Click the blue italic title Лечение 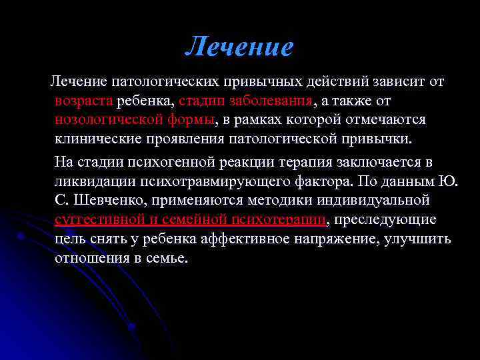[239, 47]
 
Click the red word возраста [85, 101]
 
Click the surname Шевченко [109, 200]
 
